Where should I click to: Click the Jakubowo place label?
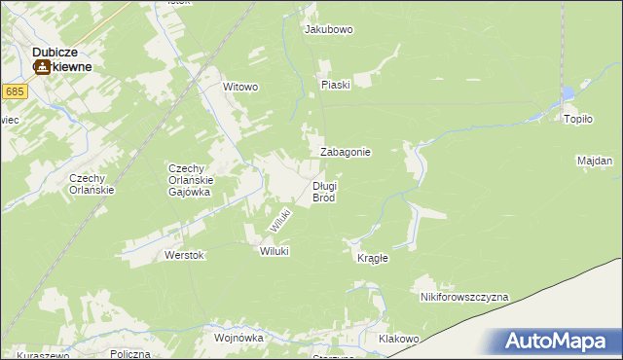328,30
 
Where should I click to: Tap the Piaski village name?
335,85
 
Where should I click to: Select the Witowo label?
240,88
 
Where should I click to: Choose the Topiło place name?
578,119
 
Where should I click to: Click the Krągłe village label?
373,258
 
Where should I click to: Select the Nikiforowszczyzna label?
464,297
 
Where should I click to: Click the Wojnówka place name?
239,338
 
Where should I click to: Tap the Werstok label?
184,255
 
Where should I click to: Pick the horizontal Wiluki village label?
275,251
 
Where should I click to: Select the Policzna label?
129,354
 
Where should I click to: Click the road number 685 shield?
14,91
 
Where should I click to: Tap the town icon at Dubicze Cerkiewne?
43,67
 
